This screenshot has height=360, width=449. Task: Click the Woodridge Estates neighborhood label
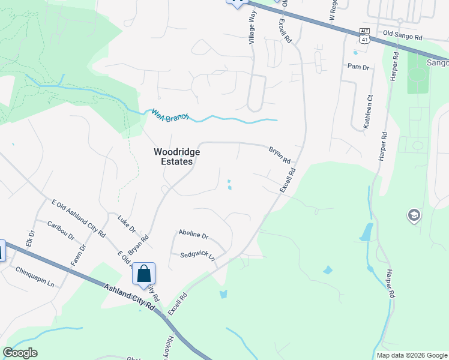pyautogui.click(x=177, y=157)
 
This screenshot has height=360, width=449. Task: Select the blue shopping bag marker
pyautogui.click(x=144, y=274)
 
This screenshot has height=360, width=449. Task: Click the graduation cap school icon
pyautogui.click(x=414, y=215)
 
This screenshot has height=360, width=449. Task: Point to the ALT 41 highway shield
pyautogui.click(x=364, y=35)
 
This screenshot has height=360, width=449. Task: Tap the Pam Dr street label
pyautogui.click(x=358, y=67)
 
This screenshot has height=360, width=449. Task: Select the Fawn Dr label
pyautogui.click(x=76, y=254)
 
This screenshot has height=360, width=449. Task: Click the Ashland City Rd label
pyautogui.click(x=130, y=298)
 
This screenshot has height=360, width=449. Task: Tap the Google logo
pyautogui.click(x=20, y=353)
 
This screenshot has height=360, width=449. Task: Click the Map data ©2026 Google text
pyautogui.click(x=412, y=355)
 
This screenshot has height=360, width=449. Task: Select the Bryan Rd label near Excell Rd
pyautogui.click(x=280, y=156)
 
